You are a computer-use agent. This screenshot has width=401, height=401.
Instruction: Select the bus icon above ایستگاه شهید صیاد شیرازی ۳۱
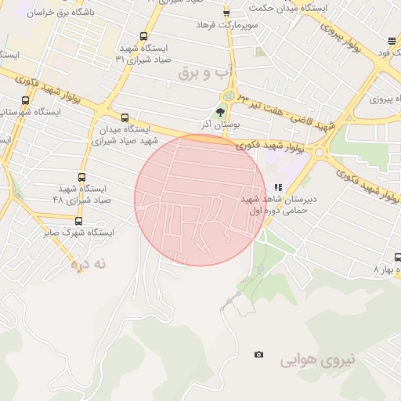click(143, 36)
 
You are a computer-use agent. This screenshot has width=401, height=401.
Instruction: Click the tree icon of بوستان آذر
click(220, 112)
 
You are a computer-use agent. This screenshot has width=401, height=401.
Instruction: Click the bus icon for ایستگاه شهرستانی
click(26, 101)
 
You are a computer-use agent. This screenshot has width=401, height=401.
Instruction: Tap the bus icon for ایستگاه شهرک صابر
click(78, 222)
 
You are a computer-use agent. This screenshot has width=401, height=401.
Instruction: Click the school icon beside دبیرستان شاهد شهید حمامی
click(278, 188)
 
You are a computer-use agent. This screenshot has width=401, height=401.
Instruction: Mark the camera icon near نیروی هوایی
click(259, 355)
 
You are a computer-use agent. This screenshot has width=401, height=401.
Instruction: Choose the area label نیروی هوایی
click(317, 360)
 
